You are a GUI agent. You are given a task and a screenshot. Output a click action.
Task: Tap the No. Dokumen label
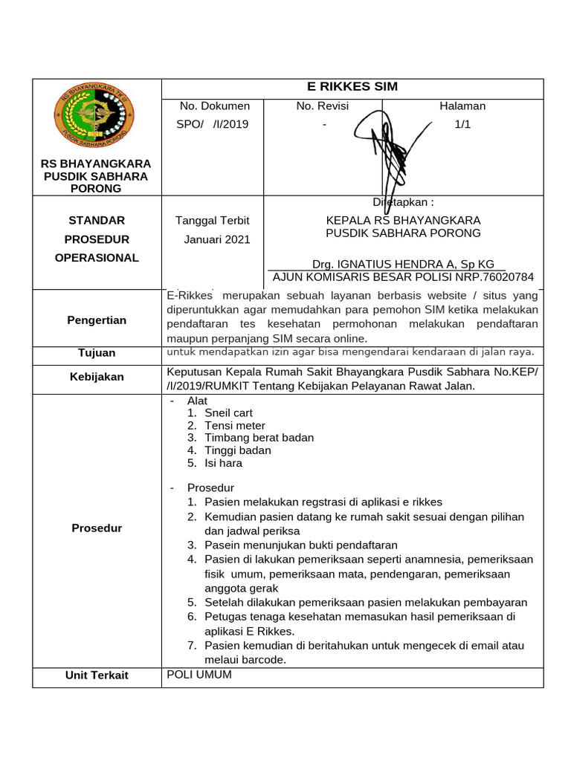(215, 106)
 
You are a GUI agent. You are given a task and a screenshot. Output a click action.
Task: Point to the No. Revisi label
(322, 106)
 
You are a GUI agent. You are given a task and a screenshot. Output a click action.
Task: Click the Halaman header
(462, 106)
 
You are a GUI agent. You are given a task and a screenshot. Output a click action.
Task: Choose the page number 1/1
(462, 124)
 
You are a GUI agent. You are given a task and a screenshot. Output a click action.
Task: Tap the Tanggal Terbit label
(212, 221)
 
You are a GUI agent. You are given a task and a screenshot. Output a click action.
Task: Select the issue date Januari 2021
(217, 239)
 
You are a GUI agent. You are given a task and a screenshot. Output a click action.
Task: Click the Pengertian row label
(97, 320)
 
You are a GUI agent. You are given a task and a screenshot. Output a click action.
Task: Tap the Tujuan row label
(97, 353)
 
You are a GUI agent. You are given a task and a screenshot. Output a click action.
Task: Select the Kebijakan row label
(97, 377)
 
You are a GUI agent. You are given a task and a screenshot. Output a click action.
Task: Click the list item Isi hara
(223, 463)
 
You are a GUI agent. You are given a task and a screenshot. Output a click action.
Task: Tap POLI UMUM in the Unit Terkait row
(200, 675)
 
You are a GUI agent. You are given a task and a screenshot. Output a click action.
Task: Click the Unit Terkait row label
(97, 676)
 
